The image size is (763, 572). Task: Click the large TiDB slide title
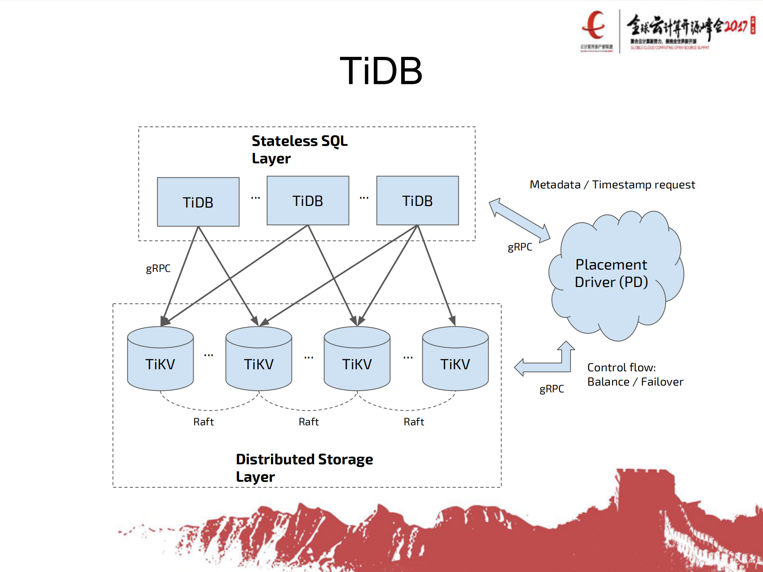381,71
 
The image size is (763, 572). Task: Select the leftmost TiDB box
198,202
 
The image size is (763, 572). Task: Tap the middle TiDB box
308,201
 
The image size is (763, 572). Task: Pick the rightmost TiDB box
417,201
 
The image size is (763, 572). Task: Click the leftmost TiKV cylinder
160,360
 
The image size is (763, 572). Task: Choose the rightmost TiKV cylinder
455,360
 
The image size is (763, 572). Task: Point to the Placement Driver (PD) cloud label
611,273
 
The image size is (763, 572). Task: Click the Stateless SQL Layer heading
299,149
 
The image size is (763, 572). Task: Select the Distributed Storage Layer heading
304,468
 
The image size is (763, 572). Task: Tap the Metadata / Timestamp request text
612,185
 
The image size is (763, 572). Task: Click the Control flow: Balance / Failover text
635,374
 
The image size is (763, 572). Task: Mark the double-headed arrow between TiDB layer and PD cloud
519,220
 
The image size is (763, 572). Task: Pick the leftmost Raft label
204,422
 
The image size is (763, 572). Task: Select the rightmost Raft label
414,422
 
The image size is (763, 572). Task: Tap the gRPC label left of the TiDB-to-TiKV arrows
158,269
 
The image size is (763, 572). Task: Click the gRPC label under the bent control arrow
551,389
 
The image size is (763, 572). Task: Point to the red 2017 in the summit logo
735,26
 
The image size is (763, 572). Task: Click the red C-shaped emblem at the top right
594,26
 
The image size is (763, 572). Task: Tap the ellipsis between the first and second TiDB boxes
256,198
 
